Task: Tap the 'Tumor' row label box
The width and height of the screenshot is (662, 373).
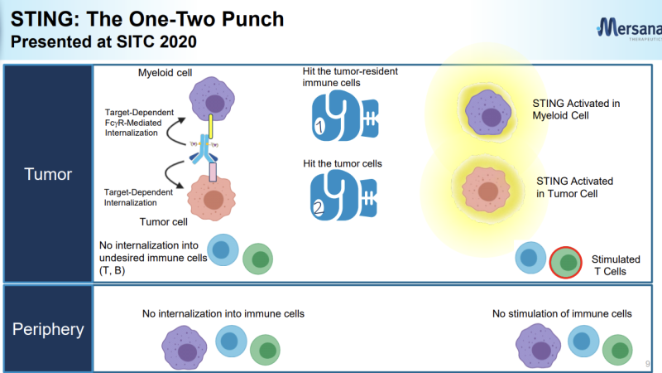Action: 47,175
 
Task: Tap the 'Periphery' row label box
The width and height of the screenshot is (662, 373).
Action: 47,329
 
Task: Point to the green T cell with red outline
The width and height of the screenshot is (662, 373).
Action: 567,263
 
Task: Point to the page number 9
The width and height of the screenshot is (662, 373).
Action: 647,363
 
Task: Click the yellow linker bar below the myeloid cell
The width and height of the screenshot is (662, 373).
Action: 211,127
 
